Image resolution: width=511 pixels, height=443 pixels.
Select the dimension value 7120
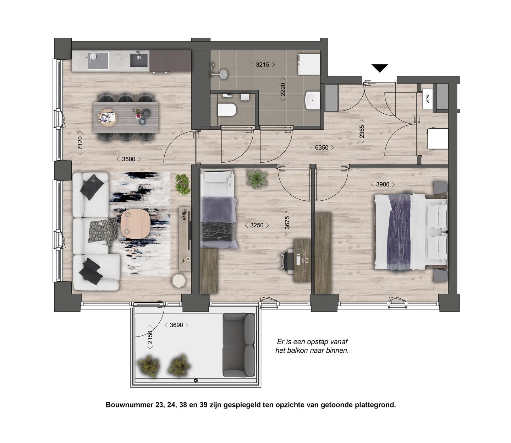click(80, 145)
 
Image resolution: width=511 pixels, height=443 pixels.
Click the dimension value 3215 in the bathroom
click(263, 65)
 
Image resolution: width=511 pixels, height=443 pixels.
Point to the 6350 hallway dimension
click(322, 147)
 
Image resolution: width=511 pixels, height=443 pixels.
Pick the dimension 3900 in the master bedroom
click(383, 184)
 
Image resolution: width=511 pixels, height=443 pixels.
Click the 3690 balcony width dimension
click(176, 325)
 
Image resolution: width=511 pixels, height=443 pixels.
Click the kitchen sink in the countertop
click(138, 59)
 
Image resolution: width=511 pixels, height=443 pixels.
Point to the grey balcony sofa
click(238, 345)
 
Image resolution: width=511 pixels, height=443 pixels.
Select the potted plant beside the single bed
click(257, 178)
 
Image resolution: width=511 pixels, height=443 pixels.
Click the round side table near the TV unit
click(178, 281)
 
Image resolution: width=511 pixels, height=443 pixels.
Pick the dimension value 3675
click(287, 225)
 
